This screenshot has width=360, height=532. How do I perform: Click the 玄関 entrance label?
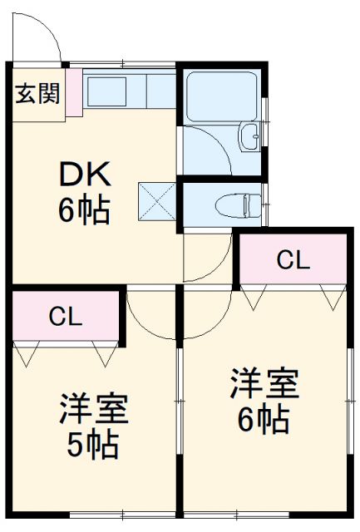[x=37, y=94]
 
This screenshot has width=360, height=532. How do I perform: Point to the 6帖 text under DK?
[x=83, y=211]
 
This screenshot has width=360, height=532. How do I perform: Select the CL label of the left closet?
[x=66, y=316]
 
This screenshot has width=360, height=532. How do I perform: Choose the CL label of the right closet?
[x=293, y=260]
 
